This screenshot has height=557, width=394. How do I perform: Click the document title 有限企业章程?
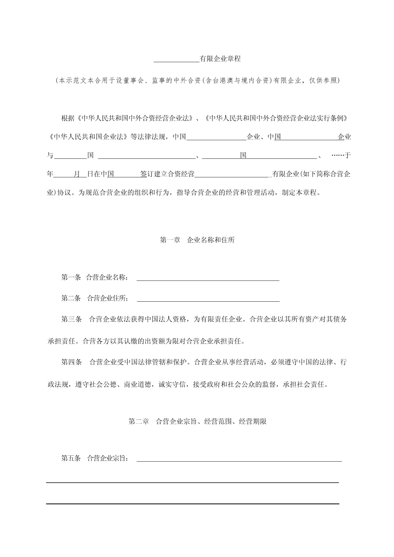pos(220,59)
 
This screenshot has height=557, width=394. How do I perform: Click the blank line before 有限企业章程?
pos(176,60)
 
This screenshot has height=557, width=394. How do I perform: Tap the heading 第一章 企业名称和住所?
pos(197,240)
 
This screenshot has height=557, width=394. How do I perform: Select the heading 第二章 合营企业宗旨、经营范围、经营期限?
pos(197,421)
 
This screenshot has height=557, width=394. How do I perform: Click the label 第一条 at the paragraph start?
pos(71,278)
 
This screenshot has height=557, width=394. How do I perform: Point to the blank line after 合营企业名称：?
pos(208,279)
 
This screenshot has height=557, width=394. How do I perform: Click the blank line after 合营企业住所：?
pos(208,300)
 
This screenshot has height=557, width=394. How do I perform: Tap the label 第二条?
pos(71,298)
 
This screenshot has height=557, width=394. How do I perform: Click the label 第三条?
pos(71,319)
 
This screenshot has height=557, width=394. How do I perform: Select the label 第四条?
pos(71,362)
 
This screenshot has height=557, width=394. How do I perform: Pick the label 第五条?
pos(71,458)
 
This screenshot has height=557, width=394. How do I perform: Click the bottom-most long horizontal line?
pos(193,504)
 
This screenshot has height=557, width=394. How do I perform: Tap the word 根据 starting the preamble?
pos(68,118)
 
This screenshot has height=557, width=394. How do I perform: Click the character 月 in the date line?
pos(77,174)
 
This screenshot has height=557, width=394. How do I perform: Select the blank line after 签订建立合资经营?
pos(232,176)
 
